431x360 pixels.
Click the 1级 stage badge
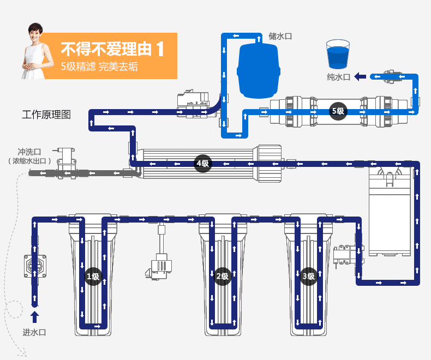click(93, 277)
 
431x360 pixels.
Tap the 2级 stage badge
click(222, 277)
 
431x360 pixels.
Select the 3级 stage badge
click(309, 277)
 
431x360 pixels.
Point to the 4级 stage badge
click(202, 164)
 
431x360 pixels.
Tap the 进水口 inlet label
click(34, 332)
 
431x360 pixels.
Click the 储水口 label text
click(280, 37)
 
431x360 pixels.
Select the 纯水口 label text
click(338, 77)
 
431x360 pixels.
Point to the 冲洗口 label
click(29, 152)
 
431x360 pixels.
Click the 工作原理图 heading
click(47, 115)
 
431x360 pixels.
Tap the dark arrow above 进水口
click(35, 316)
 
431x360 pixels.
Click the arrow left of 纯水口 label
click(360, 77)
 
